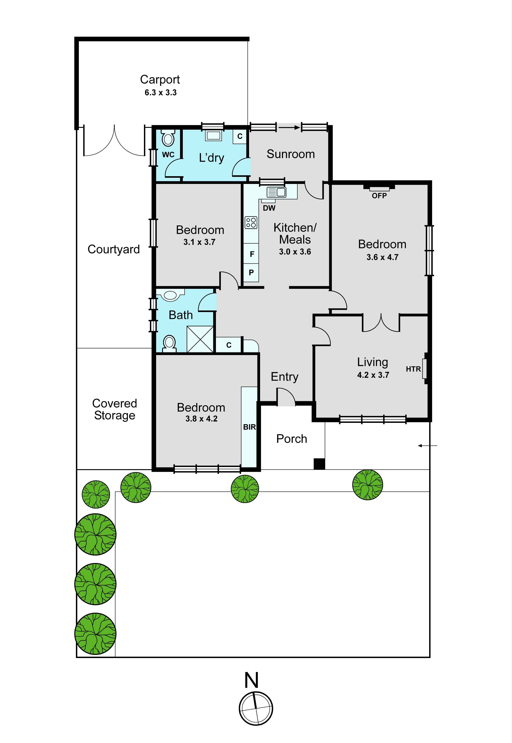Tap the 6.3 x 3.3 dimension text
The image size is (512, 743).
[161, 93]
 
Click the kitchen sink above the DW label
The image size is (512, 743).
[276, 192]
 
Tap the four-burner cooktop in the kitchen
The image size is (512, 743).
[251, 223]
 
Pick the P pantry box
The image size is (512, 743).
[251, 273]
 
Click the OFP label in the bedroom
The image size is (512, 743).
[379, 196]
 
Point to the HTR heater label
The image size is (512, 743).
[413, 369]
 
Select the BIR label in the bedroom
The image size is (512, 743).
[249, 427]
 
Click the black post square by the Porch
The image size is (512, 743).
[319, 464]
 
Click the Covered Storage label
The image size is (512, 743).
[115, 409]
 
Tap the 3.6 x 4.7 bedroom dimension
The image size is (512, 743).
[382, 257]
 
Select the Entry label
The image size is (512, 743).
[285, 377]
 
